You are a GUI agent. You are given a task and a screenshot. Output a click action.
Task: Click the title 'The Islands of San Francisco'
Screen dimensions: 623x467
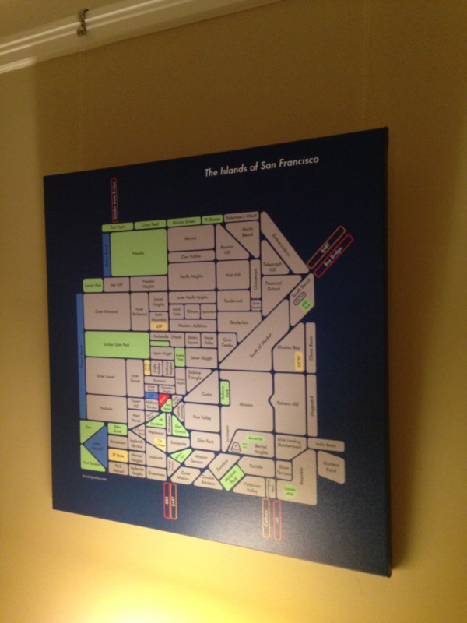pos(262,167)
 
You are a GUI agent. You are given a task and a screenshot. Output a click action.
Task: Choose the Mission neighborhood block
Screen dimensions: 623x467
pos(246,405)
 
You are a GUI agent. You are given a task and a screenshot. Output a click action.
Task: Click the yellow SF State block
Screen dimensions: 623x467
pos(118,455)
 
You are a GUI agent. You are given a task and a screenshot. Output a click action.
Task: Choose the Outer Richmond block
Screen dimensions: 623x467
pos(106,312)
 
